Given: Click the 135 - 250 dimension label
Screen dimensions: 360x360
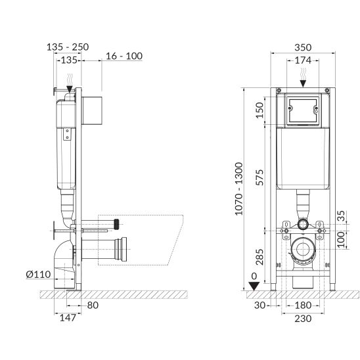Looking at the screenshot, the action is pyautogui.click(x=68, y=47).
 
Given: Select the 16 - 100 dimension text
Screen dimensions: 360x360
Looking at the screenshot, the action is pyautogui.click(x=124, y=56).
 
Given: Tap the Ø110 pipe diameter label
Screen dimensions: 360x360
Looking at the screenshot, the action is pyautogui.click(x=38, y=275).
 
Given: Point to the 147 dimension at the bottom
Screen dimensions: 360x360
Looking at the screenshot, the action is pyautogui.click(x=68, y=318).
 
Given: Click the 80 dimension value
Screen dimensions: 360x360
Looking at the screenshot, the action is pyautogui.click(x=93, y=305).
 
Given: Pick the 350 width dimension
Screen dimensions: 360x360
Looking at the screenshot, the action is pyautogui.click(x=303, y=47).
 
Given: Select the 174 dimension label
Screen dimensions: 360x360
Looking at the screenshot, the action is pyautogui.click(x=303, y=60).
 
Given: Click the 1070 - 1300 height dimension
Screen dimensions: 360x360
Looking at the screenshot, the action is pyautogui.click(x=238, y=189).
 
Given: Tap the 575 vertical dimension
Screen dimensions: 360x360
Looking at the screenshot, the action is pyautogui.click(x=259, y=177).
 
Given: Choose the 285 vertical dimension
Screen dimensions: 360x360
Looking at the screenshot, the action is pyautogui.click(x=259, y=257).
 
